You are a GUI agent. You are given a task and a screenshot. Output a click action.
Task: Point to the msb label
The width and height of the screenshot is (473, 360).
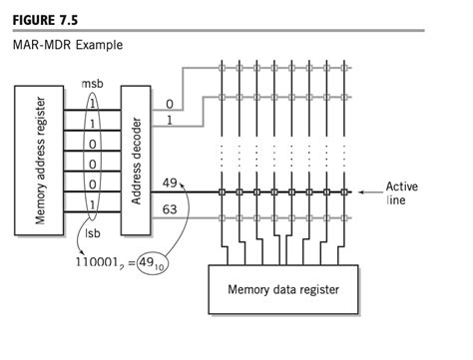92,85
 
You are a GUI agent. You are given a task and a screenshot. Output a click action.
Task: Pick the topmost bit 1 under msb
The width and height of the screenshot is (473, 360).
93,103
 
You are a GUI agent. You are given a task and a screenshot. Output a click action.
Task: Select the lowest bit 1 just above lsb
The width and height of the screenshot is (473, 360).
93,205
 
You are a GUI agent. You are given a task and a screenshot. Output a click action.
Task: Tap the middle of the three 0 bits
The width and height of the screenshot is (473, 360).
93,164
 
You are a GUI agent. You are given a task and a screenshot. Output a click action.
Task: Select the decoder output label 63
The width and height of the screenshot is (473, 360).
171,210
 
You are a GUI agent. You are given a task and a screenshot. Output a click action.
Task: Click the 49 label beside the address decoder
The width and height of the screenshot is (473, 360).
171,184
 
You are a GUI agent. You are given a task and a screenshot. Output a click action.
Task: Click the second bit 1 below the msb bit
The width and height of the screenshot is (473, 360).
93,123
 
